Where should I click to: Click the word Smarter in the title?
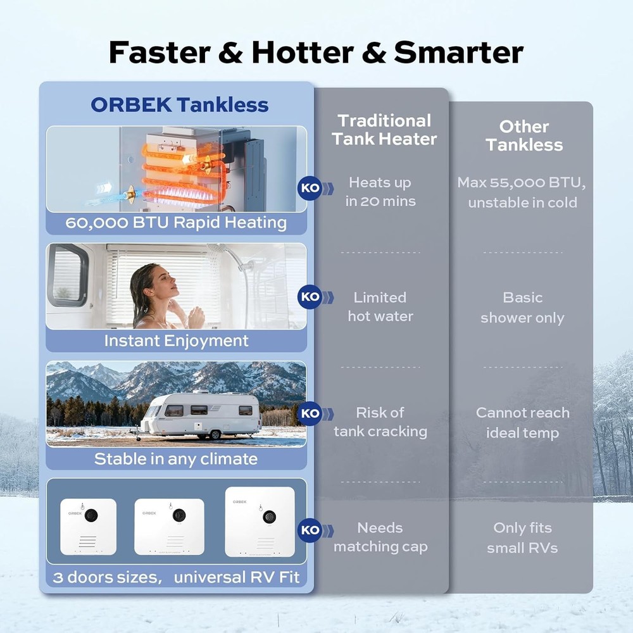(x=458, y=53)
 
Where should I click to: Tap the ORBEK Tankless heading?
(x=179, y=104)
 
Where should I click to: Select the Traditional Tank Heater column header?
(x=384, y=130)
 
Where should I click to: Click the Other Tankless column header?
(x=523, y=135)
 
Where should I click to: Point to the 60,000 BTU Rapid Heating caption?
(x=176, y=223)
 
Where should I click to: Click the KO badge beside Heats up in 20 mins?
(x=310, y=188)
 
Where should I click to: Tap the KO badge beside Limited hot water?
(x=310, y=296)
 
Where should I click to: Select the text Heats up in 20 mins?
(x=380, y=192)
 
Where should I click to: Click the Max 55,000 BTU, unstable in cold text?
(x=522, y=192)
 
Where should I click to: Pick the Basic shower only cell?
(x=522, y=308)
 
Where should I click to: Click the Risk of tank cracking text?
(x=380, y=422)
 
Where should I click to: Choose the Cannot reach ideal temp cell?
(x=522, y=423)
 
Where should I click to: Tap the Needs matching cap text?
(x=380, y=537)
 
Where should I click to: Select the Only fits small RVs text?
(x=522, y=537)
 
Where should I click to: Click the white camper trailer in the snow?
(x=200, y=413)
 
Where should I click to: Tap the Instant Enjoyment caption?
(x=176, y=341)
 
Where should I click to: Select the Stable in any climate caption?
(x=176, y=459)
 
